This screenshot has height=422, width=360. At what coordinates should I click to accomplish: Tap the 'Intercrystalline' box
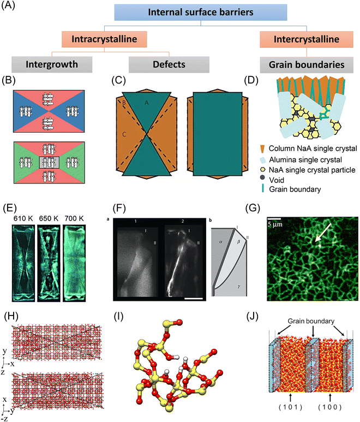pos(298,39)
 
